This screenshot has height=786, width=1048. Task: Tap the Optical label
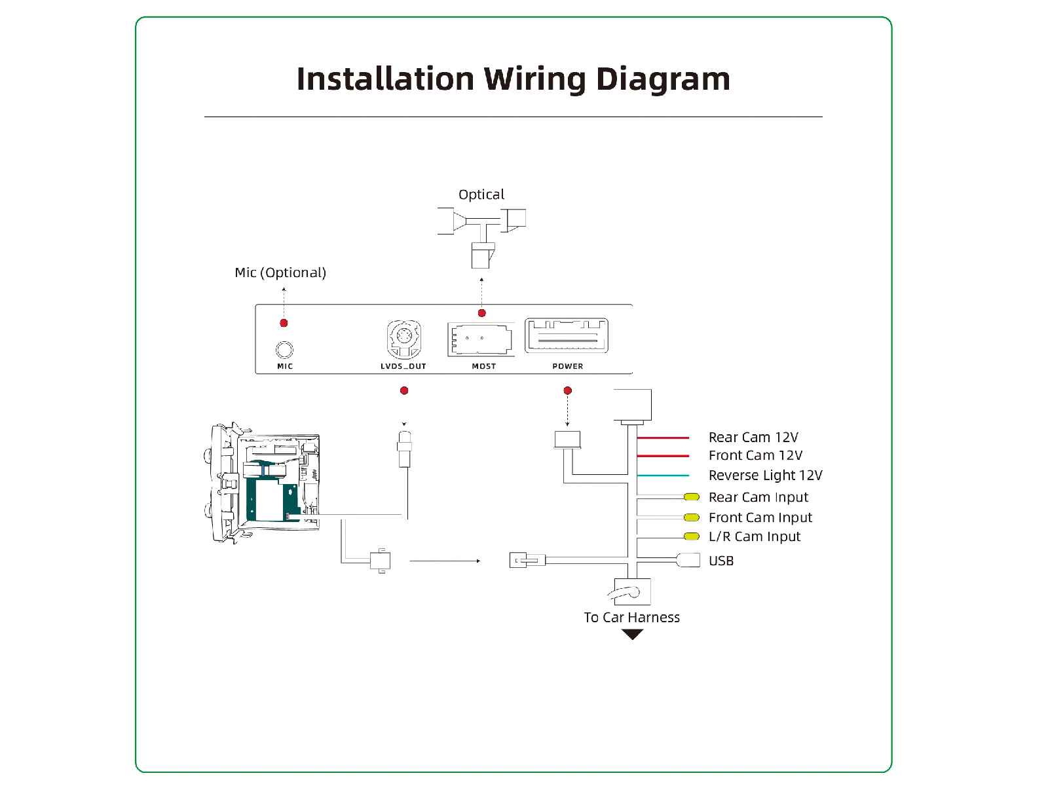coord(481,195)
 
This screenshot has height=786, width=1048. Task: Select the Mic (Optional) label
coord(280,272)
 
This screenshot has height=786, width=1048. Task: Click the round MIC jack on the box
coord(284,350)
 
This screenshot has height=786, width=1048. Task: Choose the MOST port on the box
coord(481,339)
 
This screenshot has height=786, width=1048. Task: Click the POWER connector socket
coord(567,337)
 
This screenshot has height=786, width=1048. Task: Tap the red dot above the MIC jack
coord(284,323)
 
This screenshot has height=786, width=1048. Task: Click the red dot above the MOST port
coord(482,313)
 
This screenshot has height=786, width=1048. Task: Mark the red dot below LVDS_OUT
coord(404,390)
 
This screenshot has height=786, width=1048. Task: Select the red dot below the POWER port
coord(568,390)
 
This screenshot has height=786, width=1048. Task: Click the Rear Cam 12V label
coord(753,437)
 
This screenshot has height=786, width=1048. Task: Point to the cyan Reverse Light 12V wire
coord(663,476)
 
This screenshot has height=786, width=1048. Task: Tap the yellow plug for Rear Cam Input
coord(692,497)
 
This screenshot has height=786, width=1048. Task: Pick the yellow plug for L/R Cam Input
coord(692,536)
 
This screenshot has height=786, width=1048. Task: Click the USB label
coord(721,561)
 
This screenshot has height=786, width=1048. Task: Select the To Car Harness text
coord(631,617)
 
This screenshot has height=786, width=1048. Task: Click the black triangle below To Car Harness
coord(633,634)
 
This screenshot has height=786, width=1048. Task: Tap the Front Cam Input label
coord(760,517)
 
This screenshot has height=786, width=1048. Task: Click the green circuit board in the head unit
coord(269,498)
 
